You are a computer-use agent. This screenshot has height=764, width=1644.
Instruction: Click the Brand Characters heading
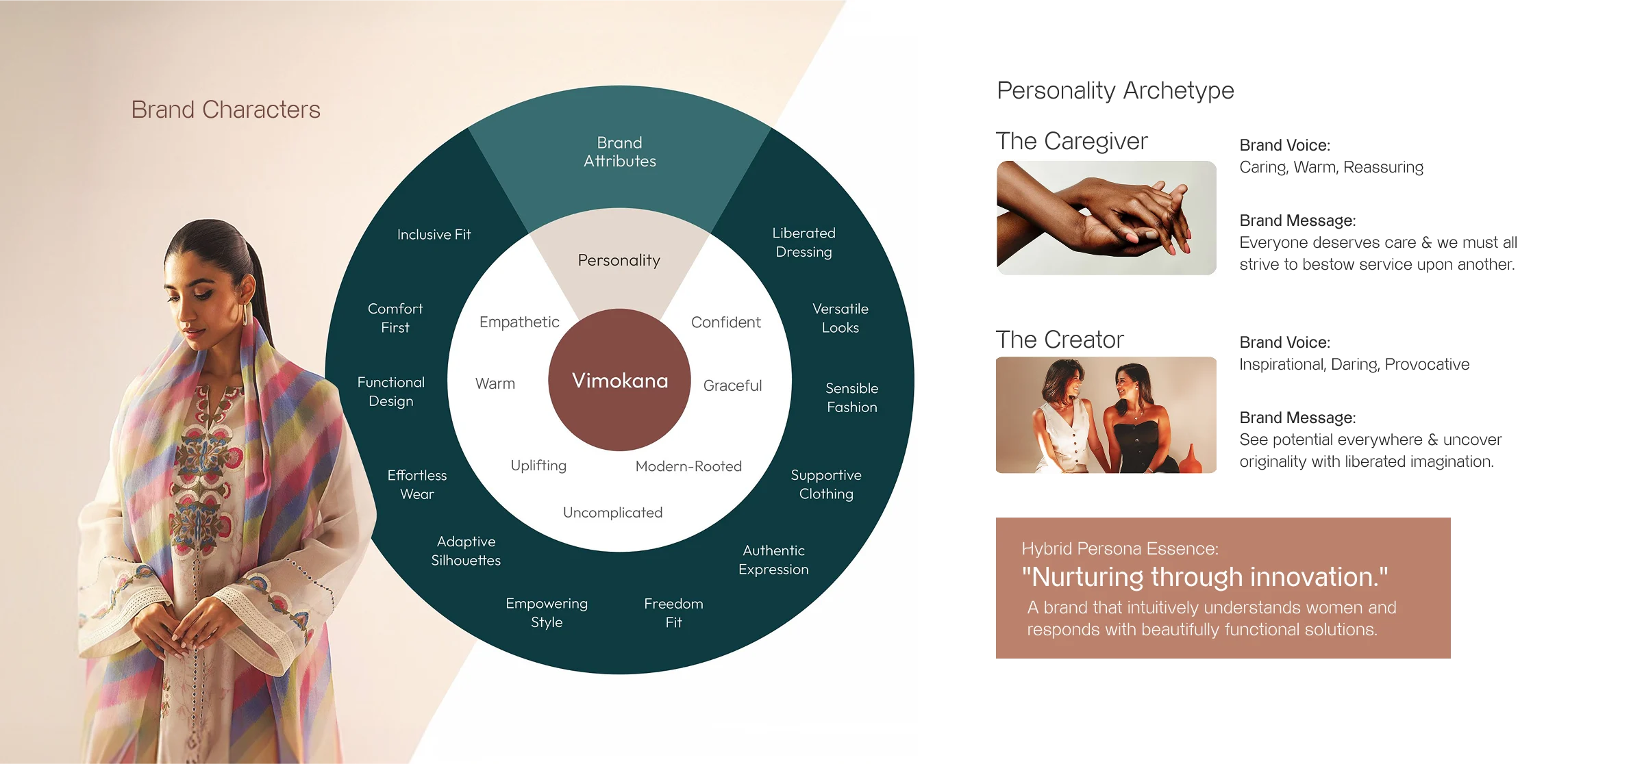225,110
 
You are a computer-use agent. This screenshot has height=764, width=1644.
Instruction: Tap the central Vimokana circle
620,381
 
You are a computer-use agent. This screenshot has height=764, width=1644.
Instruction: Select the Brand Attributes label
620,152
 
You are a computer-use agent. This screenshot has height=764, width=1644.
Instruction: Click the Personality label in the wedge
619,260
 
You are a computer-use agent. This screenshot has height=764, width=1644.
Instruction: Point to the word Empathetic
519,322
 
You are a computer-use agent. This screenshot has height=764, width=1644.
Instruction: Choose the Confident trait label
725,322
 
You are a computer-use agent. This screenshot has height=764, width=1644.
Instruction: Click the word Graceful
732,385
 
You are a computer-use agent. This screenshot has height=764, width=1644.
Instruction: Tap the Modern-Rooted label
688,466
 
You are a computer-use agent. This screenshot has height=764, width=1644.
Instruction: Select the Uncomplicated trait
612,513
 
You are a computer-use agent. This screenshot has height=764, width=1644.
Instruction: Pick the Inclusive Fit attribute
434,234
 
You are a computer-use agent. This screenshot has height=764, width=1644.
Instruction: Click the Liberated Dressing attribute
804,242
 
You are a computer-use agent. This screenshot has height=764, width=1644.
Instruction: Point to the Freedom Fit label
673,613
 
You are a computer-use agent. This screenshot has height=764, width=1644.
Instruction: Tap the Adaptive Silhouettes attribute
466,551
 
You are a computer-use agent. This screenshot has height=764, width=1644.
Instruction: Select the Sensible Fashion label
851,398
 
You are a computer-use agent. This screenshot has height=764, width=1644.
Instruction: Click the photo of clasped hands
1104,219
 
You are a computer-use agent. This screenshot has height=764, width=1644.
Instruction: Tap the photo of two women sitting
1104,416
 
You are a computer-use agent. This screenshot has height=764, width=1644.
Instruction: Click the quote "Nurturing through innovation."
1204,577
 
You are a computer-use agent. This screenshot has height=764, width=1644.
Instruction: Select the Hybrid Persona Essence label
1119,548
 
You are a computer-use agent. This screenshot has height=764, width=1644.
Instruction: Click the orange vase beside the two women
1191,460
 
